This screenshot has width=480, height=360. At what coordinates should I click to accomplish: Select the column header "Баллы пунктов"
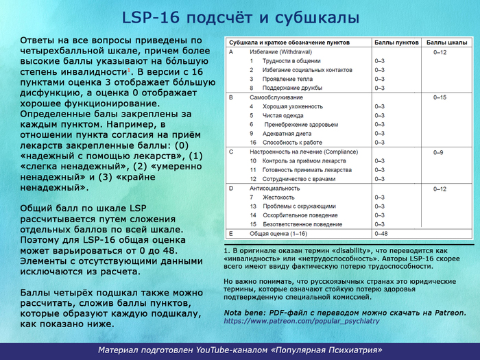[396, 43]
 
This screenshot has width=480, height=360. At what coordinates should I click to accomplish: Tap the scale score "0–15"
[440, 97]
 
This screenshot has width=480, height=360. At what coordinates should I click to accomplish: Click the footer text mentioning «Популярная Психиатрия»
[240, 350]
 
